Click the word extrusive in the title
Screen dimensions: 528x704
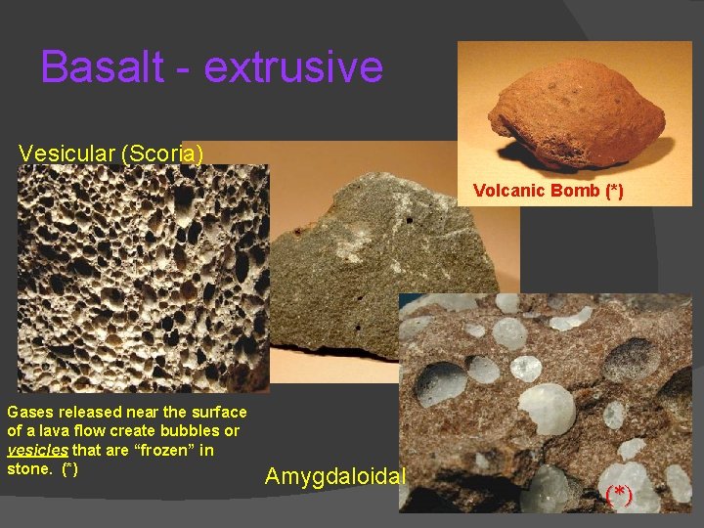point(293,67)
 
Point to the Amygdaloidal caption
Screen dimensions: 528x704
point(335,477)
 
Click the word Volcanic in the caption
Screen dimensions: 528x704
point(508,191)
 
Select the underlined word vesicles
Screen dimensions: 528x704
point(35,451)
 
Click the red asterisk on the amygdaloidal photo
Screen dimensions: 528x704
point(618,495)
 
